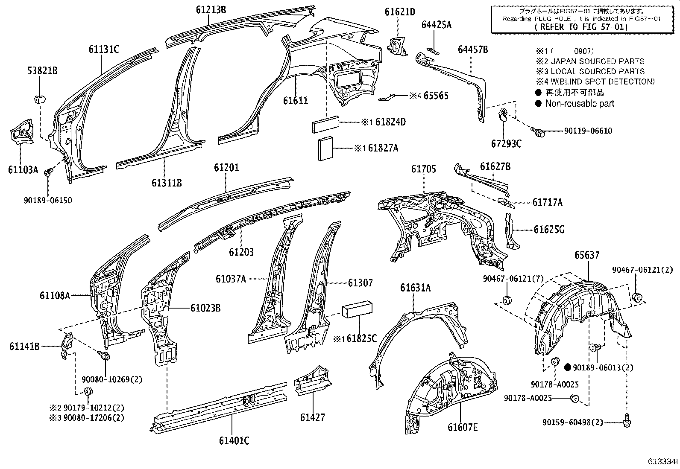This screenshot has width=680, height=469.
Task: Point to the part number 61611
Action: point(296,101)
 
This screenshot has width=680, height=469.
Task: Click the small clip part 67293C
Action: point(504,115)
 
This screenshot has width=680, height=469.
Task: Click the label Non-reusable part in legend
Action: point(580,103)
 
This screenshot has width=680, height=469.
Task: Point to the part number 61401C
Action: point(234,441)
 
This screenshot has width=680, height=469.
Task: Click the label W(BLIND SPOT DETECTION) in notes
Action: point(603,82)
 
